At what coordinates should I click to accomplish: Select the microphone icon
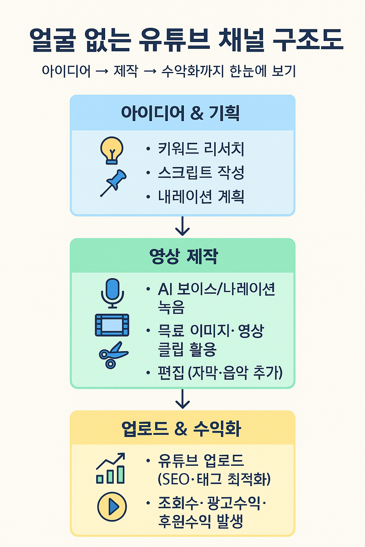tap(112, 293)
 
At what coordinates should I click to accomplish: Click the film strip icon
tap(112, 325)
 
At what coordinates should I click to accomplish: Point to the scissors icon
tap(113, 355)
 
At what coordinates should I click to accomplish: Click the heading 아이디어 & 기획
tap(180, 113)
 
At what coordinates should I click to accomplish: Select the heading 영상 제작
tap(183, 256)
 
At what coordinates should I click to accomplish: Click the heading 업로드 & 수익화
tap(181, 428)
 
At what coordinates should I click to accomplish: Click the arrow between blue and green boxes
tap(182, 226)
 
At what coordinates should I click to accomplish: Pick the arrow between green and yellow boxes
tap(182, 399)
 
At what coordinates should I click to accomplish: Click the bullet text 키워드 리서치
tap(201, 149)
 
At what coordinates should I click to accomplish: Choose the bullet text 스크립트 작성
tap(201, 173)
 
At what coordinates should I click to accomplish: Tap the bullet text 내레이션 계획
tap(201, 197)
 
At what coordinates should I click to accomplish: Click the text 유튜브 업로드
tap(201, 460)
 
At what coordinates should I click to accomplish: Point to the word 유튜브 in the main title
tap(174, 40)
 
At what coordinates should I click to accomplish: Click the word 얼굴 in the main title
tap(52, 40)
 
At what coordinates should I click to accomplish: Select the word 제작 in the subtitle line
tap(125, 71)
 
